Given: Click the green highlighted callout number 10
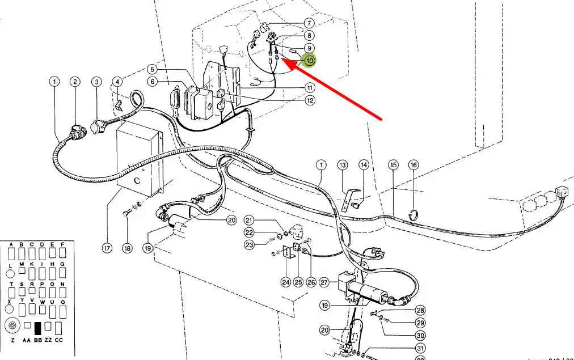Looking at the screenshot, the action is pos(310,60).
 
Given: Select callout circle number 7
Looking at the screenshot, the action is pos(309,24).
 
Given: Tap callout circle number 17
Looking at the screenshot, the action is pos(106,248).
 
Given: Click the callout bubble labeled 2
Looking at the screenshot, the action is pos(75,82).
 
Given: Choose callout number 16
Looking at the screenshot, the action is pos(413,165).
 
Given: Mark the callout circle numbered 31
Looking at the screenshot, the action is pos(420,348).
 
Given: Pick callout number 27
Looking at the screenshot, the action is pos(324,282).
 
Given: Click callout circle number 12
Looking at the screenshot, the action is pos(310,100).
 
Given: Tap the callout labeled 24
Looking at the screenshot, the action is pos(285,282).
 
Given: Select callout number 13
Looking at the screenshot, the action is pos(342,165).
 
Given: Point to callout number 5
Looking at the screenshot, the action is pos(152,69).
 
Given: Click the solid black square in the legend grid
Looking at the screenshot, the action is pos(39,327).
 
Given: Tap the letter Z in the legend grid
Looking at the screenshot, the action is pos(11,340).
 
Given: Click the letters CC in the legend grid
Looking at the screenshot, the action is pos(58,340).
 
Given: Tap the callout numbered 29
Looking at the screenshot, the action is pos(420,323).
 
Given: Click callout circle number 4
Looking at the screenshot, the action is pos(117,82).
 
